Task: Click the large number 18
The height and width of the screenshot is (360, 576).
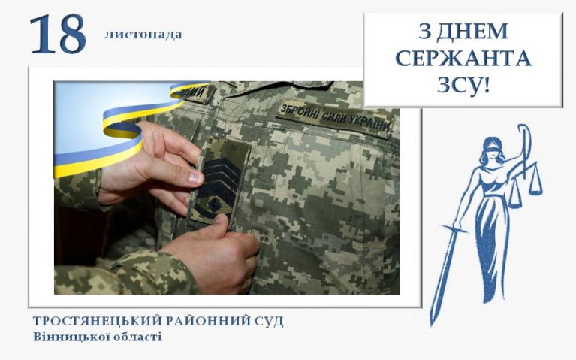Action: point(58,35)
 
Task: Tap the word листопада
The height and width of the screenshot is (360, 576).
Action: point(143,35)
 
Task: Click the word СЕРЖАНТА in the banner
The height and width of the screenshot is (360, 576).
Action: point(463,59)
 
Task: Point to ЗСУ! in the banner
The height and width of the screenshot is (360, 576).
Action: point(463,86)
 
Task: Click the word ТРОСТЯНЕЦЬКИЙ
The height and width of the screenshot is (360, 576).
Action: point(98,321)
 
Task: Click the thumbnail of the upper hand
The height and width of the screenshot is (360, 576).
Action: point(195,178)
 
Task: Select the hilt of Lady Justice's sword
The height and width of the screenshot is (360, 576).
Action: point(456,228)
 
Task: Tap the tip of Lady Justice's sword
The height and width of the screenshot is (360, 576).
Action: point(433,325)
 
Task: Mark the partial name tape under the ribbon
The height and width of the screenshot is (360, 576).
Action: point(198,92)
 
